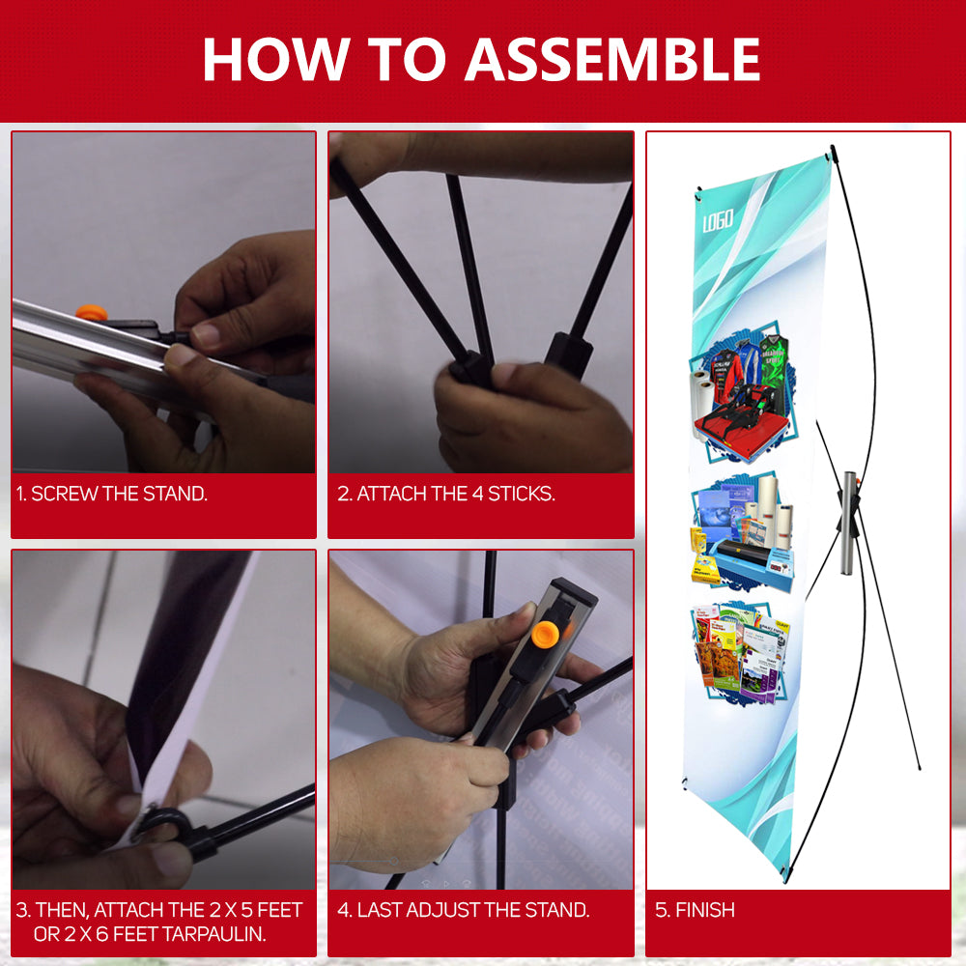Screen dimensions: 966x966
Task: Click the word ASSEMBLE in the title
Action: coord(612,59)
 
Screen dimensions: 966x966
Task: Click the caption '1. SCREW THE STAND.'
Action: coord(112,494)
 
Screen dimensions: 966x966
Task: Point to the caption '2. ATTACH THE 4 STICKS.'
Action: coord(445,494)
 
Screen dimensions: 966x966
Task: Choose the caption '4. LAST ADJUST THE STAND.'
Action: coord(463,910)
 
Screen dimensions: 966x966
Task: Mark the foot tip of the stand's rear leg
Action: coord(918,768)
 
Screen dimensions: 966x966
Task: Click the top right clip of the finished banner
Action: coord(832,151)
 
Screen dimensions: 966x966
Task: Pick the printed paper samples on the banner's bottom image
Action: coord(739,647)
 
